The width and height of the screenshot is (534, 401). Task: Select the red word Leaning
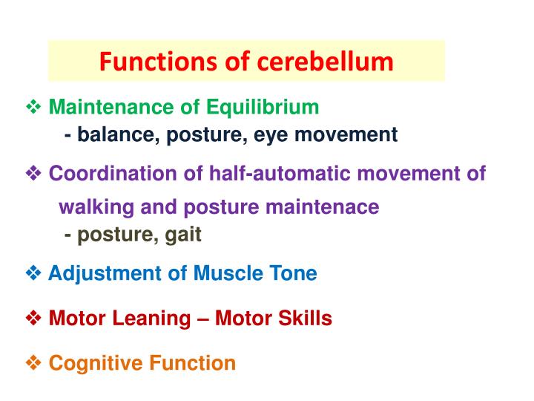(x=156, y=319)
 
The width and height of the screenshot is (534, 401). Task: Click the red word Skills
(x=305, y=319)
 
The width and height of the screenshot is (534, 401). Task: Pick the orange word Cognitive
(x=94, y=363)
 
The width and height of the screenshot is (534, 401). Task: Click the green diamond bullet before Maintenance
(x=33, y=108)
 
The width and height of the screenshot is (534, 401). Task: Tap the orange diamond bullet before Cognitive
(x=33, y=363)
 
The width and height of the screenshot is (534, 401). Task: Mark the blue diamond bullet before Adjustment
(x=33, y=274)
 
